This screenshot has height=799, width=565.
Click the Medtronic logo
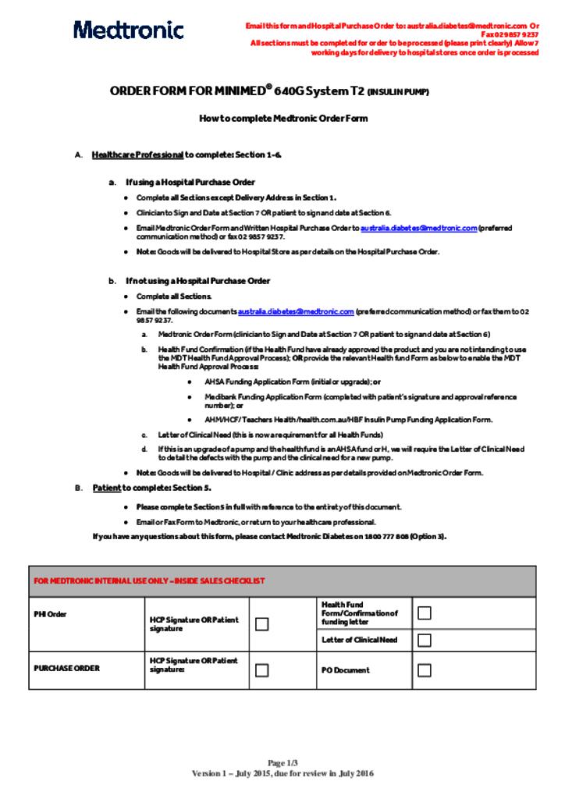pos(129,30)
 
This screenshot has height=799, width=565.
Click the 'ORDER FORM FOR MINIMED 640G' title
pos(268,91)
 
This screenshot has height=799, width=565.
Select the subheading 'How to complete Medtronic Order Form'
pos(282,119)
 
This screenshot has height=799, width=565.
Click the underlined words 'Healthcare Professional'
pos(137,154)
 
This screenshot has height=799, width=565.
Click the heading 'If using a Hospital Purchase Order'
pos(190,182)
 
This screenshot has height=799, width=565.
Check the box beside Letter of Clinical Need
pos(424,641)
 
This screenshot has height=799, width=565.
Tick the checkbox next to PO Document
pos(424,669)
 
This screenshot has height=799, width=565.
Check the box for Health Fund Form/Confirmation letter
pos(424,613)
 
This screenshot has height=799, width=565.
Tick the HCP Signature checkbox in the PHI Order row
pos(262,623)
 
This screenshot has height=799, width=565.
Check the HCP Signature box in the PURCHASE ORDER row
pos(262,669)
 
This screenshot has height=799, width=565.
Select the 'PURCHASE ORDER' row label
pos(66,669)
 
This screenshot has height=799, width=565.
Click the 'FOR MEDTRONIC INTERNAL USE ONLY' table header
pos(148,581)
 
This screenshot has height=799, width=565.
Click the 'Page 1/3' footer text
pos(282,762)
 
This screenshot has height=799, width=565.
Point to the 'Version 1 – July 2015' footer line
pos(282,773)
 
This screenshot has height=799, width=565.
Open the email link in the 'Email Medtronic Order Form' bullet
pos(418,228)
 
